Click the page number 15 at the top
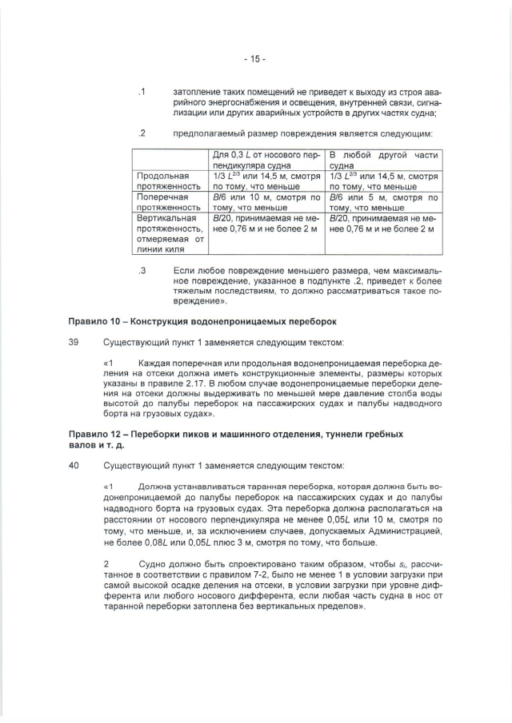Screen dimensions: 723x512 pyautogui.click(x=255, y=58)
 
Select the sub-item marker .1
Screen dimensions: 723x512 pyautogui.click(x=141, y=92)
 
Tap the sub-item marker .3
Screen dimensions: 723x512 pyautogui.click(x=141, y=271)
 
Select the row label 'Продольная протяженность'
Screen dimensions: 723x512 pyautogui.click(x=163, y=181)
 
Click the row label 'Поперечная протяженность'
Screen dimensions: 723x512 pyautogui.click(x=163, y=201)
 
